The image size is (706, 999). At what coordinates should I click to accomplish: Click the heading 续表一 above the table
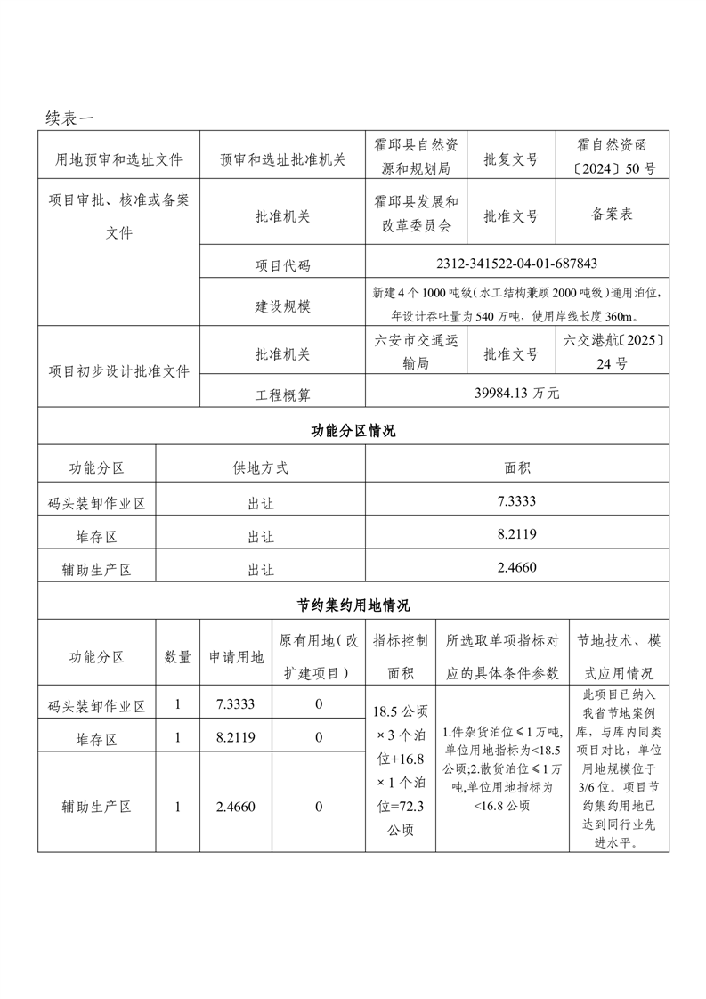pyautogui.click(x=69, y=117)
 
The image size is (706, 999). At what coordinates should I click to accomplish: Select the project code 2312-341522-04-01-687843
pyautogui.click(x=517, y=264)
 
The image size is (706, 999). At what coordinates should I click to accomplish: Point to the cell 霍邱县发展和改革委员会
pyautogui.click(x=416, y=214)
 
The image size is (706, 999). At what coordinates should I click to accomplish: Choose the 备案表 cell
pyautogui.click(x=612, y=215)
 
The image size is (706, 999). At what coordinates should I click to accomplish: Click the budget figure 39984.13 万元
pyautogui.click(x=517, y=393)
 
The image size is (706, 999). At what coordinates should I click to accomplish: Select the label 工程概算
pyautogui.click(x=283, y=394)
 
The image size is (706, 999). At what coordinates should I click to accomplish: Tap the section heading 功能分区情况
pyautogui.click(x=353, y=431)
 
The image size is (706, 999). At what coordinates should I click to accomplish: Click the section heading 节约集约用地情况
pyautogui.click(x=353, y=605)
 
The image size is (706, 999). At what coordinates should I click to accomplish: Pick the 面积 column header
pyautogui.click(x=517, y=467)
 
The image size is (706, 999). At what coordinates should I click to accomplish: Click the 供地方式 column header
pyautogui.click(x=260, y=467)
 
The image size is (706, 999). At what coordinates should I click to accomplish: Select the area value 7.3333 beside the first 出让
pyautogui.click(x=517, y=502)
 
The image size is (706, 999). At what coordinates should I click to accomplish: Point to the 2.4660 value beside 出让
pyautogui.click(x=517, y=567)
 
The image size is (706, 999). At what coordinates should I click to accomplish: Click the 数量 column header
pyautogui.click(x=178, y=657)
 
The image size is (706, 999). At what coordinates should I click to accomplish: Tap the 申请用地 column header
pyautogui.click(x=236, y=657)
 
